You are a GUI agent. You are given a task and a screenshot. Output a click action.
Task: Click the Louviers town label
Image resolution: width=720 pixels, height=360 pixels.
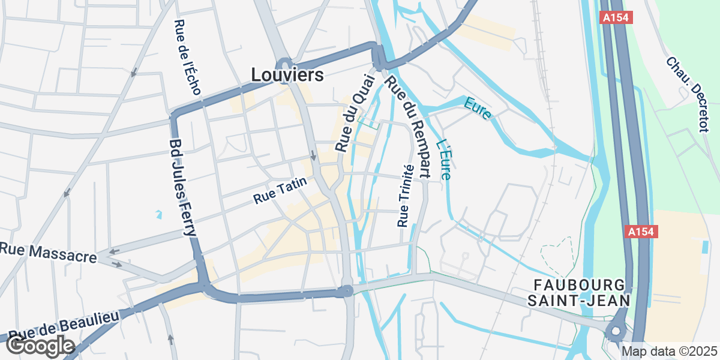(x=287, y=75)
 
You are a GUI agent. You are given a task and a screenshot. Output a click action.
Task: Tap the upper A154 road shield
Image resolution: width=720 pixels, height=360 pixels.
(x=614, y=18)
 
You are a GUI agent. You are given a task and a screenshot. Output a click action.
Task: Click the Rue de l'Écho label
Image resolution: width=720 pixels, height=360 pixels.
(x=187, y=58)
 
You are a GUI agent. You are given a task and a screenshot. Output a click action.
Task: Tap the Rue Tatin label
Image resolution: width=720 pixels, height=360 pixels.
(x=280, y=191)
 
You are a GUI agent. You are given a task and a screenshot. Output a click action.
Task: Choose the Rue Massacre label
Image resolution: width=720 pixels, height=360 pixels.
(x=48, y=252)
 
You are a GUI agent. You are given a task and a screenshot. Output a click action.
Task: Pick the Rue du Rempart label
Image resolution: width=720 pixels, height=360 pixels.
(x=408, y=126)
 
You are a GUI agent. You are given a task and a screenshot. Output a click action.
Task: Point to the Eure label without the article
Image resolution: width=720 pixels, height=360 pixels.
(x=478, y=107)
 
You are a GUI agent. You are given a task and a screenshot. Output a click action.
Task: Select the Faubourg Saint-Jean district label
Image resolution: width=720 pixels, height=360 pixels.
(x=579, y=292)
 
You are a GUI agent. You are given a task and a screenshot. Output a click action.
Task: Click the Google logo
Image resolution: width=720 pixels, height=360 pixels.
(x=40, y=346)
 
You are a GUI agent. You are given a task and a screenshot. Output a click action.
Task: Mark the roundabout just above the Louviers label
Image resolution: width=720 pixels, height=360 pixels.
(x=284, y=62)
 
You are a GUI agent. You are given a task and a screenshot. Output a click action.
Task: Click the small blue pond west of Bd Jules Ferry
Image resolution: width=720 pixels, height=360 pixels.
(x=158, y=214)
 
